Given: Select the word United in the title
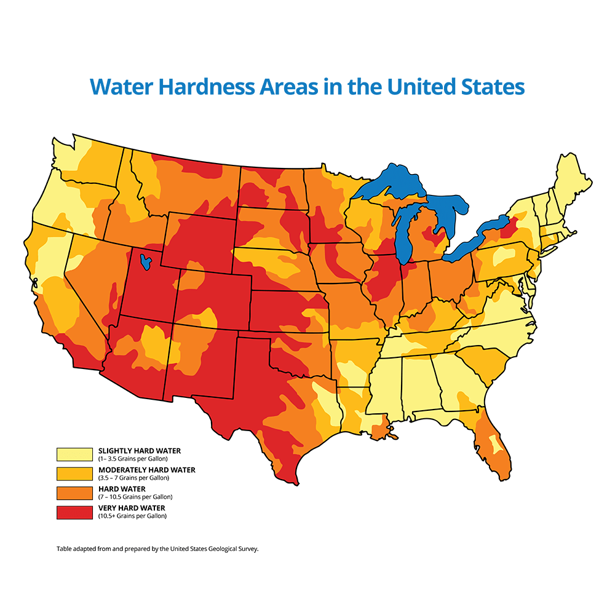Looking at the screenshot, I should (x=419, y=87).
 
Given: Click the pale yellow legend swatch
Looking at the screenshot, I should (x=74, y=454).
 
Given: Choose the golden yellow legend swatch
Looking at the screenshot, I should (x=74, y=474).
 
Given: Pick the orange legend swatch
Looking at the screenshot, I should (x=74, y=493).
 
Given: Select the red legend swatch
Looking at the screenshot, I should (x=74, y=512).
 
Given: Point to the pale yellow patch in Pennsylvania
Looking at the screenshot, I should (x=506, y=253).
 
